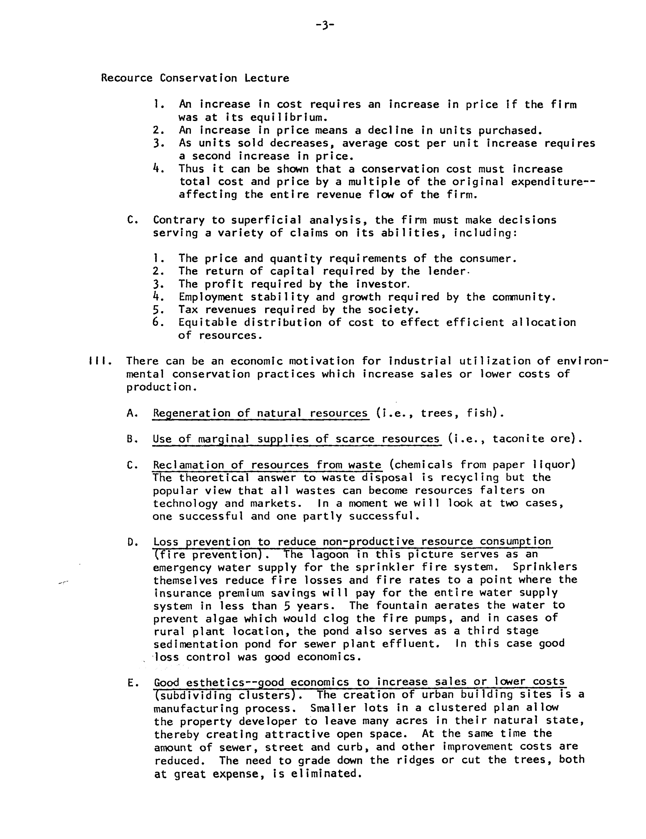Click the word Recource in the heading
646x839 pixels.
click(x=127, y=78)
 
